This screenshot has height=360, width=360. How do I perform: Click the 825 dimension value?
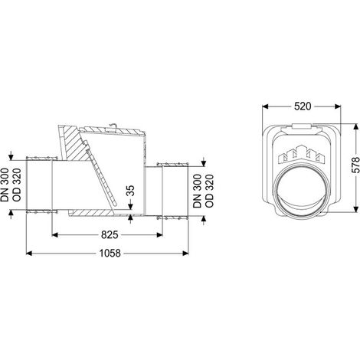[x=110, y=234]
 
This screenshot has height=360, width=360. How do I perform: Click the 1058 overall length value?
[x=110, y=254]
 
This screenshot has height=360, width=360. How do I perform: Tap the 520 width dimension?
[x=303, y=106]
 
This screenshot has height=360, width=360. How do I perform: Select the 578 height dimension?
[x=355, y=165]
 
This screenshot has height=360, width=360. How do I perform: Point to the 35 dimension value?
[x=130, y=191]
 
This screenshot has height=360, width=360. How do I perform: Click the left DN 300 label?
[x=5, y=185]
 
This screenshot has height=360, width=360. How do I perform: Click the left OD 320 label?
[x=17, y=185]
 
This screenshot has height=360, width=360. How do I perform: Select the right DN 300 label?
[x=197, y=191]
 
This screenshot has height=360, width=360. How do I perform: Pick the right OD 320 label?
[x=209, y=191]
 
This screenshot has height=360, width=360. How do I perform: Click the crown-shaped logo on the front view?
[x=302, y=154]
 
